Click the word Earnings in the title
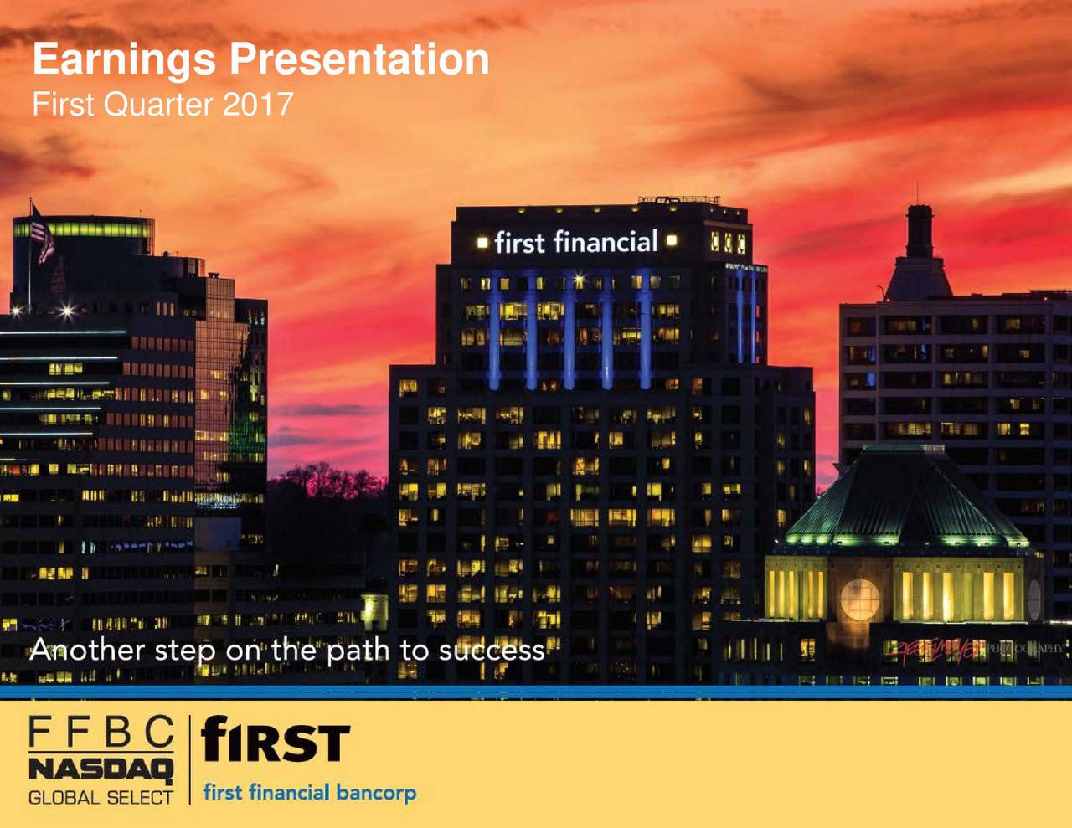(124, 60)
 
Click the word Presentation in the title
(359, 59)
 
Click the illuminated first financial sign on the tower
(576, 242)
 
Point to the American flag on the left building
(42, 234)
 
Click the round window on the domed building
(859, 599)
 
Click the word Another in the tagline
(87, 651)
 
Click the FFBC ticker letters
(101, 733)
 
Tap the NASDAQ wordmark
(100, 769)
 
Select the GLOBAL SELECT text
(100, 798)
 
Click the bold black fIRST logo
(276, 741)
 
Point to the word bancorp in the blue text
(376, 792)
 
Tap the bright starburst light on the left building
(67, 312)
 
